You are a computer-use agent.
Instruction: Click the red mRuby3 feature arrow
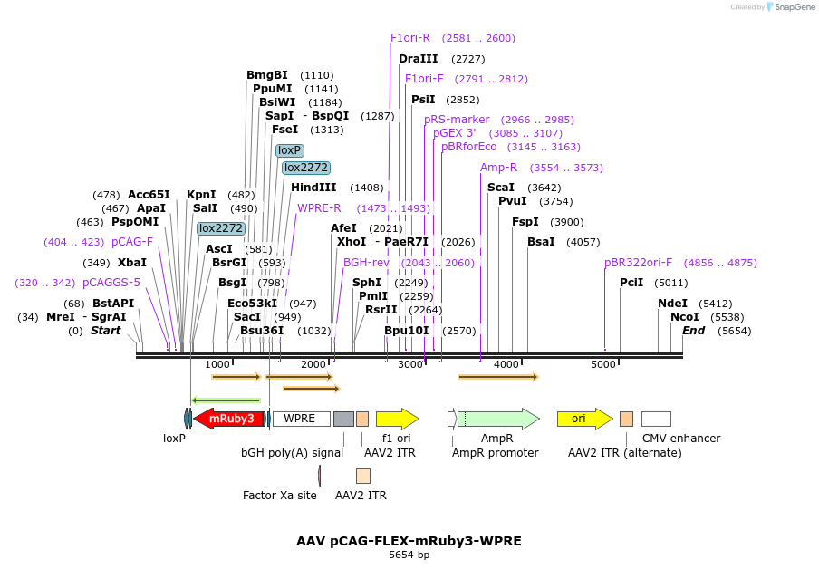tap(229, 419)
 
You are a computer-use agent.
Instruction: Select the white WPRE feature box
tap(301, 419)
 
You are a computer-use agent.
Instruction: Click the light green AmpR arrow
tap(498, 419)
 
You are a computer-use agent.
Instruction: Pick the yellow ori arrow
tap(579, 419)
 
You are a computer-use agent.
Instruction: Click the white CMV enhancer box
tap(656, 419)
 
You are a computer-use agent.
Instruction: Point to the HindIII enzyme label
tap(313, 188)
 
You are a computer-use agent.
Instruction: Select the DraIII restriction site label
tap(418, 59)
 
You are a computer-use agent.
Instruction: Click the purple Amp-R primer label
tap(498, 168)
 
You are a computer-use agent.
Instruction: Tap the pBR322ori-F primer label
tap(639, 263)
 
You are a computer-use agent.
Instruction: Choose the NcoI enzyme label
tap(685, 317)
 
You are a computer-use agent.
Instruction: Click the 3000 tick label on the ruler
tap(410, 364)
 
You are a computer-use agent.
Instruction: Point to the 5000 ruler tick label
tap(603, 364)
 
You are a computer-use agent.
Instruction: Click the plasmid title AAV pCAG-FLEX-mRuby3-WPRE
tap(409, 541)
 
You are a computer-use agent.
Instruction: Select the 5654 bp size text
tap(409, 555)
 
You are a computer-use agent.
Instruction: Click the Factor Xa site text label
tap(280, 496)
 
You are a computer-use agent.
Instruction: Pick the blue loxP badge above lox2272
tap(290, 150)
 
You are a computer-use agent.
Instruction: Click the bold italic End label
tap(693, 331)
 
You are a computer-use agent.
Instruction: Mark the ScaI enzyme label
tap(501, 188)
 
